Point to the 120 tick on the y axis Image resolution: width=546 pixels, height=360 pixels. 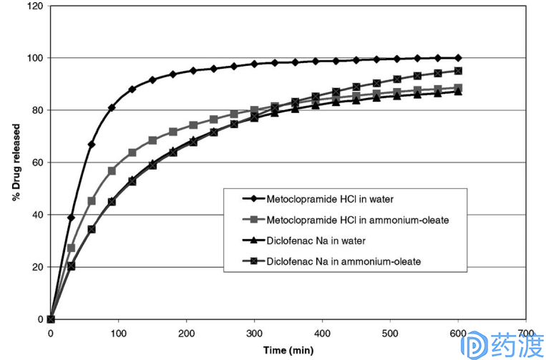(34, 6)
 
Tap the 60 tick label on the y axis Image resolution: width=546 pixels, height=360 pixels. (34, 162)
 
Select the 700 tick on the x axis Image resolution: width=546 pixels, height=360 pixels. (526, 333)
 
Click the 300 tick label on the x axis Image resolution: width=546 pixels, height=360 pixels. (254, 333)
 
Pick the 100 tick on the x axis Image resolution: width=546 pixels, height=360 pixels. (118, 333)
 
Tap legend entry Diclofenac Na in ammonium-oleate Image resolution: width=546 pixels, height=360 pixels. (344, 261)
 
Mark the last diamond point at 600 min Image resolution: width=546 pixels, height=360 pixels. (458, 58)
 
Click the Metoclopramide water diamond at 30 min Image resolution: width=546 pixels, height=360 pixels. (71, 218)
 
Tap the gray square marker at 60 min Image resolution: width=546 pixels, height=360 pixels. (91, 201)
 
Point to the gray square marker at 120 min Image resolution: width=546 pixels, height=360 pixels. (132, 152)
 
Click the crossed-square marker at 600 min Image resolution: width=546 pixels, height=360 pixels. (458, 71)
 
